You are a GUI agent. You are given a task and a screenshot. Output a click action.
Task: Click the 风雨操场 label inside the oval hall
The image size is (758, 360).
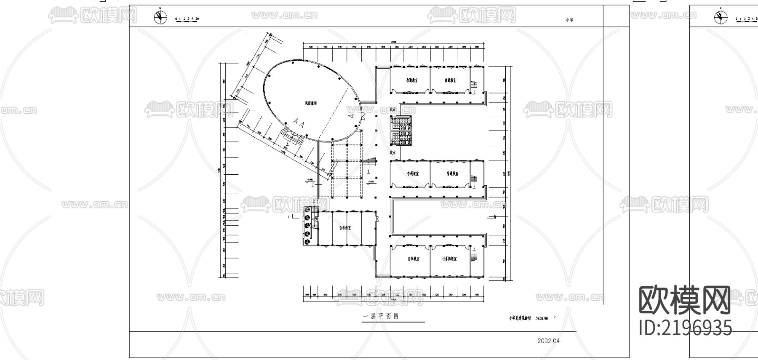311,103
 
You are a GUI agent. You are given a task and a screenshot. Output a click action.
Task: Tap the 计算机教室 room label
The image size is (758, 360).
449,259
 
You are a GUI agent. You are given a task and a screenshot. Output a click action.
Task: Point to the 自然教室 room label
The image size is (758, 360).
413,259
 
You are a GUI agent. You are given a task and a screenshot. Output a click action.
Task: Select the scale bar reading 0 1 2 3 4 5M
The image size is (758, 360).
187,19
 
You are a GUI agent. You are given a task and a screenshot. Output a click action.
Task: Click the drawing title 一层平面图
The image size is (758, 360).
381,317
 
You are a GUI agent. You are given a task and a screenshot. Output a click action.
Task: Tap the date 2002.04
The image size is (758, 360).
549,341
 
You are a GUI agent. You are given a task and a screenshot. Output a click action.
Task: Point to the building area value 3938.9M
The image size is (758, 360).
542,319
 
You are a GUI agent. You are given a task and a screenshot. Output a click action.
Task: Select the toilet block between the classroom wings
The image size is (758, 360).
401,131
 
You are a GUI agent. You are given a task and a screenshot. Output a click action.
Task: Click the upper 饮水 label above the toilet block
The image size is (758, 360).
393,109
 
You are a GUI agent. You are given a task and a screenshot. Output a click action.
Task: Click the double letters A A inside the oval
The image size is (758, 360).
299,123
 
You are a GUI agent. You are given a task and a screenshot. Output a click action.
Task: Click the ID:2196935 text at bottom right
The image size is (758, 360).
686,328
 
